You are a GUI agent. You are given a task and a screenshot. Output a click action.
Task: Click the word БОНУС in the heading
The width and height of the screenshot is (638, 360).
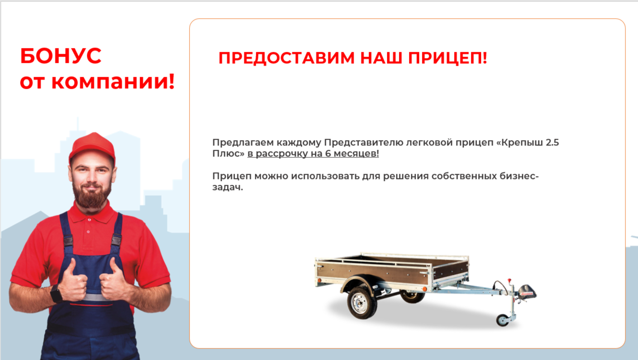60,56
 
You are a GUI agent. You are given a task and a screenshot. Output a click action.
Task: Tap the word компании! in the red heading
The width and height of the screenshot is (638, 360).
113,82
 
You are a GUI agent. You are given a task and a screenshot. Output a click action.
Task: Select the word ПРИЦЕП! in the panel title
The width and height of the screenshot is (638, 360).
447,58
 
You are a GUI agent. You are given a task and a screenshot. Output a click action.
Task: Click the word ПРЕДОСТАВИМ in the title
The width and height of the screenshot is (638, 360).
287,58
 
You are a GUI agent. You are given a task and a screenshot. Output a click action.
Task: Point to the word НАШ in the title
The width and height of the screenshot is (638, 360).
381,58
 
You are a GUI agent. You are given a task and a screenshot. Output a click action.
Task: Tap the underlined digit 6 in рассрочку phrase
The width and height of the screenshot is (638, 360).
328,154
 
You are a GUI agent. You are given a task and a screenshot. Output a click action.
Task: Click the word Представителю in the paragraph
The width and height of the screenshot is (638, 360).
363,143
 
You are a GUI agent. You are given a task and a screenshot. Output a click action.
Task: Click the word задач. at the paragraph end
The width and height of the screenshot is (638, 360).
228,187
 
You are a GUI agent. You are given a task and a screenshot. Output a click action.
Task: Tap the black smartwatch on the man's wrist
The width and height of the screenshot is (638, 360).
56,293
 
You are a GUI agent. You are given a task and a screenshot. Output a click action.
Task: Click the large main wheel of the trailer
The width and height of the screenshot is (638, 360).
362,302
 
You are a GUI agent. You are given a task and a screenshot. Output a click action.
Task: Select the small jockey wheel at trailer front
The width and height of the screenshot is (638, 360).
503,320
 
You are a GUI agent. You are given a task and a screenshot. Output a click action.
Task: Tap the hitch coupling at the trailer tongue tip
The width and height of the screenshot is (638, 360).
527,291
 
